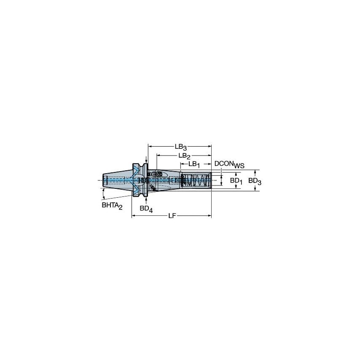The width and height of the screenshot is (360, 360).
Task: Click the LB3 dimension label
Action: click(x=180, y=147)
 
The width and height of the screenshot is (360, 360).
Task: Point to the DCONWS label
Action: click(x=229, y=164)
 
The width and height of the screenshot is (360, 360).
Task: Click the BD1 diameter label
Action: click(x=236, y=181)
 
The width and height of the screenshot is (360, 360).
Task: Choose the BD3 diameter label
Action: click(x=255, y=181)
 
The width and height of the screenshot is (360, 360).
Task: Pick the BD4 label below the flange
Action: click(x=145, y=208)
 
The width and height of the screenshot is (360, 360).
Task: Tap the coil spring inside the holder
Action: click(x=197, y=181)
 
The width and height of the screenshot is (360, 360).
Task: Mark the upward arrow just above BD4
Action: click(x=146, y=199)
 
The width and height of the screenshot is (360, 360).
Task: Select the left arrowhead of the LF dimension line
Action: click(x=134, y=216)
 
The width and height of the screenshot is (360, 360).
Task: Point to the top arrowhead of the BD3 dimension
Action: click(x=255, y=172)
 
